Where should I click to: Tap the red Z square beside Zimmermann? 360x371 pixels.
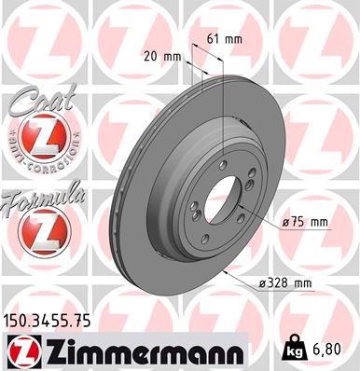(x=21, y=351)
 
